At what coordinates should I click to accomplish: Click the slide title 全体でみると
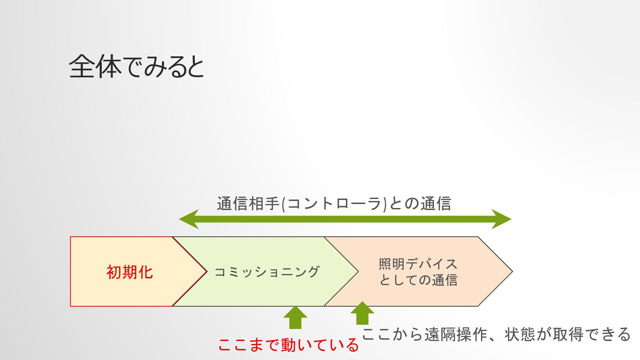136,66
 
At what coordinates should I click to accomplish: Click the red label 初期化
130,272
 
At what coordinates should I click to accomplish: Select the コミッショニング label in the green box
267,272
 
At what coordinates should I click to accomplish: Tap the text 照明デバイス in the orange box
418,264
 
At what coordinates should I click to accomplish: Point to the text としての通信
418,280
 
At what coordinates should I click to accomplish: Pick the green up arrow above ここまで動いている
295,317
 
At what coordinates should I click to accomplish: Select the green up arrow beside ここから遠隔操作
362,313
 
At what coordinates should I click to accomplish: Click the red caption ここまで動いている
288,345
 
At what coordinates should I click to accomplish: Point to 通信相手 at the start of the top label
249,204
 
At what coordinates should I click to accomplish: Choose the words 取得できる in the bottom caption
592,334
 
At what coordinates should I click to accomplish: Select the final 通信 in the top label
436,204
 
